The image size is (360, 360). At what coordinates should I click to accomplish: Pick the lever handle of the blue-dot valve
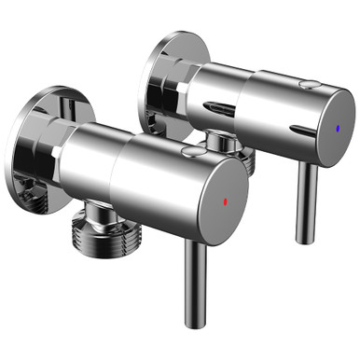[303, 201]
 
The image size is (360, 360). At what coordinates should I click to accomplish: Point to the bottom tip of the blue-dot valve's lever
[304, 240]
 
